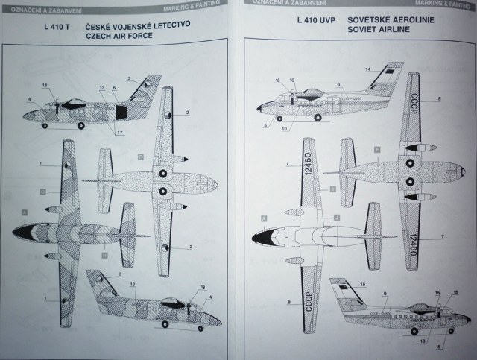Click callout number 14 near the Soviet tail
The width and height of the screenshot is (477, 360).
click(367, 70)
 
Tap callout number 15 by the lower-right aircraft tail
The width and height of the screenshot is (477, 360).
click(363, 285)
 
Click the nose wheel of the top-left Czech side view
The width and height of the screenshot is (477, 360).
click(45, 125)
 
